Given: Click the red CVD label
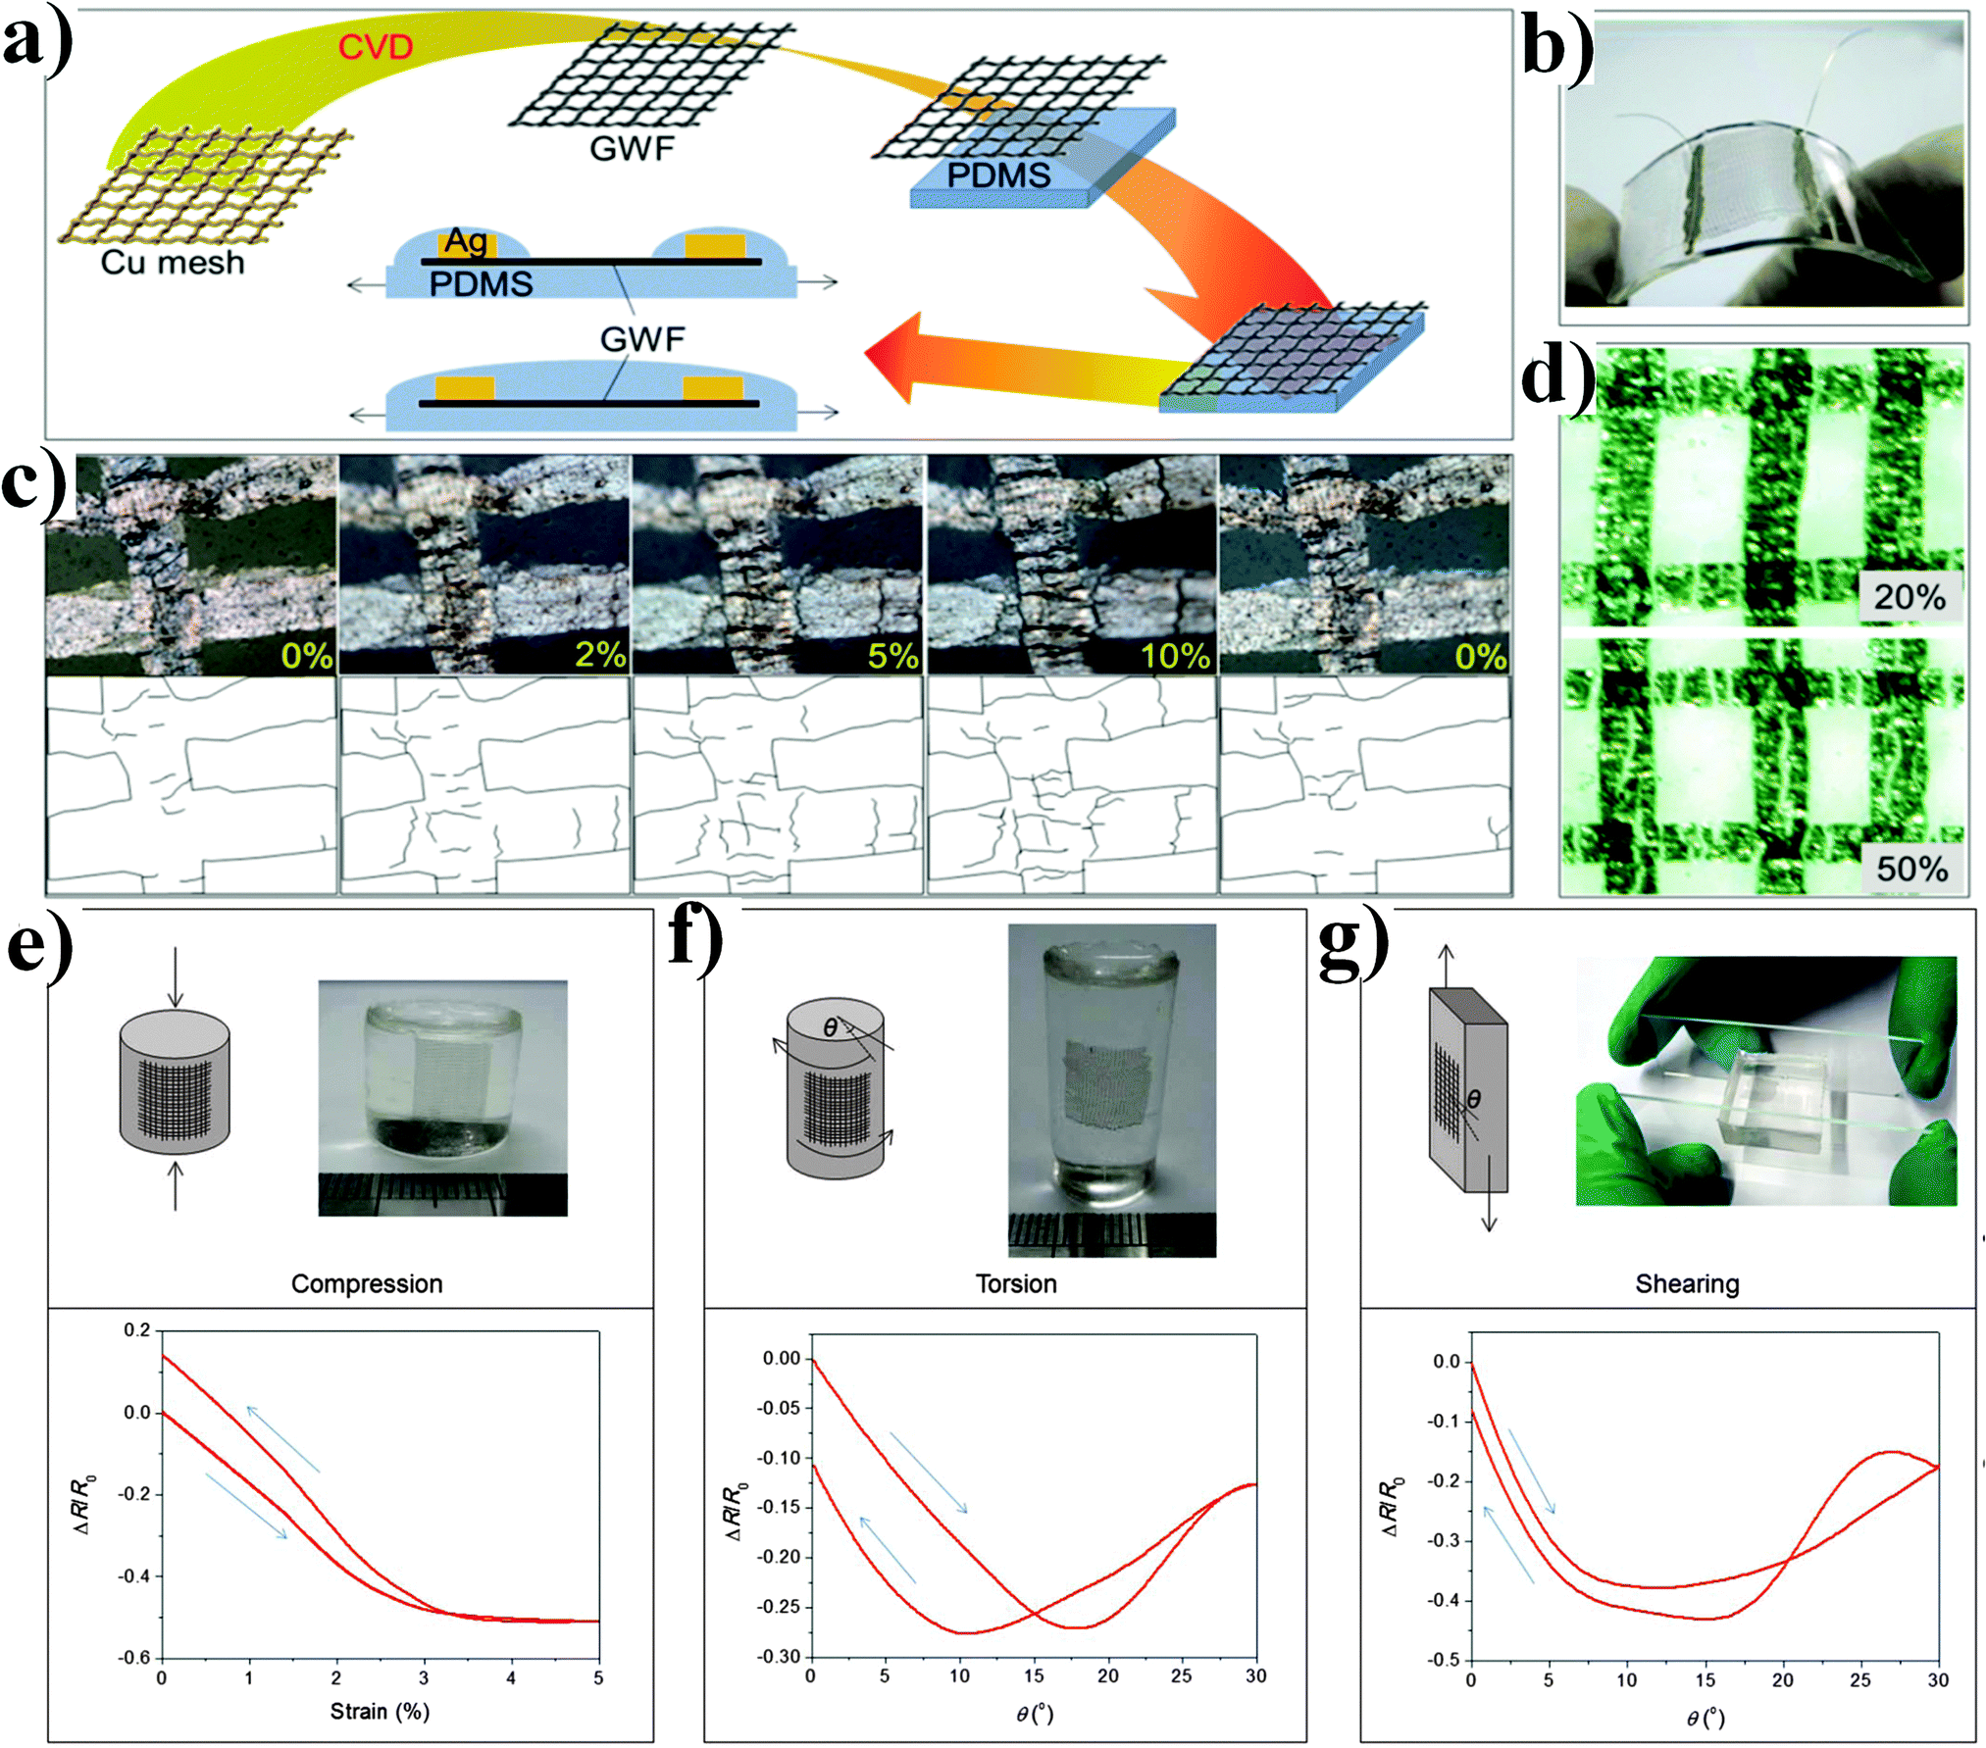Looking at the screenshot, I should pyautogui.click(x=375, y=46).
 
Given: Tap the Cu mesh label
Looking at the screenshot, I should pyautogui.click(x=173, y=263).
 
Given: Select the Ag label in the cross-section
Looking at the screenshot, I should pyautogui.click(x=466, y=240).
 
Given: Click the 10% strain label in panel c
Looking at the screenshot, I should pyautogui.click(x=1174, y=655).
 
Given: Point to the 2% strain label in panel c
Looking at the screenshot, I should pyautogui.click(x=600, y=654).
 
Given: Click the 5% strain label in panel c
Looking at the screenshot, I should pyautogui.click(x=892, y=655).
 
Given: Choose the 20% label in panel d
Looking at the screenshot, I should pyautogui.click(x=1909, y=596).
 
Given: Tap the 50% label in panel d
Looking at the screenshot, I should pyautogui.click(x=1911, y=868).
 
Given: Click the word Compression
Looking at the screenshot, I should pyautogui.click(x=367, y=1284).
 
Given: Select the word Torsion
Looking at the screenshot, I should pyautogui.click(x=1016, y=1284).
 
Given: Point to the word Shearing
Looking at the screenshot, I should pyautogui.click(x=1687, y=1284).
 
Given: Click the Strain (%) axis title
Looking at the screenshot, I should pyautogui.click(x=380, y=1712).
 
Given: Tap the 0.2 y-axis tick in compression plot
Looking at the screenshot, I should pyautogui.click(x=137, y=1330).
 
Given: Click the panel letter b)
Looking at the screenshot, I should pyautogui.click(x=1557, y=49).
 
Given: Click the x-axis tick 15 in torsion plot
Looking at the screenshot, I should pyautogui.click(x=1034, y=1675).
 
